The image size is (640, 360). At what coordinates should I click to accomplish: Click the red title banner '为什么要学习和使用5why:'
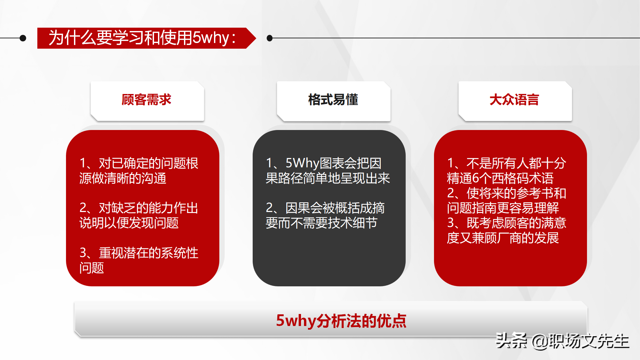(147, 38)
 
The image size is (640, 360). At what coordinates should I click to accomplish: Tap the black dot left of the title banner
(23, 38)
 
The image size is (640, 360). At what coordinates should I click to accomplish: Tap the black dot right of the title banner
(270, 38)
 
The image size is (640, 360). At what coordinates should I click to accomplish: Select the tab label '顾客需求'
(146, 100)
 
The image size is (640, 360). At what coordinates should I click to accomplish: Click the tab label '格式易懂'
(333, 100)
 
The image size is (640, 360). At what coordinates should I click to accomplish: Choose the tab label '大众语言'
(514, 100)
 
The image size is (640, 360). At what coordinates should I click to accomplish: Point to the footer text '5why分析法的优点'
(341, 321)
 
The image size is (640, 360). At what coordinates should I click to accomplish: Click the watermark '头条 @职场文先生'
(562, 341)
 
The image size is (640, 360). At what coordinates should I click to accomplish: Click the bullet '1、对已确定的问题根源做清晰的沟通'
(139, 171)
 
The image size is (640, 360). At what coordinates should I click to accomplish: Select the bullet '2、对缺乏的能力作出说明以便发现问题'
(139, 215)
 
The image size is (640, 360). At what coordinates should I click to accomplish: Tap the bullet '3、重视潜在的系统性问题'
(139, 260)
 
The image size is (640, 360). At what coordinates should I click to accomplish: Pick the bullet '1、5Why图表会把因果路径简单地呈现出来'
(328, 171)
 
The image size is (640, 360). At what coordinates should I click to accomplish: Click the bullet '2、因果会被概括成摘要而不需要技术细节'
(325, 215)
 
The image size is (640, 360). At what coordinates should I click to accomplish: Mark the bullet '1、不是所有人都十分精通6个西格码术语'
(507, 171)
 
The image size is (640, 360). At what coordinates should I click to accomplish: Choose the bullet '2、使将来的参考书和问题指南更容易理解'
(507, 200)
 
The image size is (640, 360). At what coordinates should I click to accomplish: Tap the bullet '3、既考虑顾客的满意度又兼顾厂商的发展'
(507, 230)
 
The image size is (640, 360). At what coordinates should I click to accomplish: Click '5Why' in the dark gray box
(302, 163)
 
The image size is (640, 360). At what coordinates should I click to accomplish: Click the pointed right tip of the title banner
(256, 38)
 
